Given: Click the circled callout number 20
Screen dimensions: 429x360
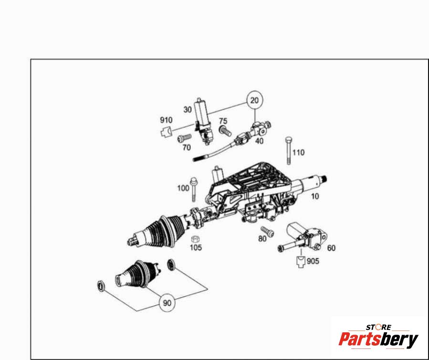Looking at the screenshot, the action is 254,100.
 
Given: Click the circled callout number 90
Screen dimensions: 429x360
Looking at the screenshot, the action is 167,303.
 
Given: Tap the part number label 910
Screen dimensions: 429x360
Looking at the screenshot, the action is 166,120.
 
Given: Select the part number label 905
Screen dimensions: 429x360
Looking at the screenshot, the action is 313,261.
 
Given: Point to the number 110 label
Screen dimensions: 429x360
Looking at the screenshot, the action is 298,152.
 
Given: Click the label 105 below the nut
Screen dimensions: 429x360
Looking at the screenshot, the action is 196,247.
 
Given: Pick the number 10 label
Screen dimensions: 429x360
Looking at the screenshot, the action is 315,196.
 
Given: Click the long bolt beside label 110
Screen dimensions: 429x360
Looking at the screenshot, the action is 288,150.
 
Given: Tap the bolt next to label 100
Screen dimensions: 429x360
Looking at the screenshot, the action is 194,189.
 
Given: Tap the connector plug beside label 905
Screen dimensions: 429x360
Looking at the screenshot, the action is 301,261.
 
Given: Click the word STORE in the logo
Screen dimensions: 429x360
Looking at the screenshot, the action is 378,327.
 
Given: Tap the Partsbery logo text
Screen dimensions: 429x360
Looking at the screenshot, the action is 378,339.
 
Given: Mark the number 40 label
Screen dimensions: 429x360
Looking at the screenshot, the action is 259,141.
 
